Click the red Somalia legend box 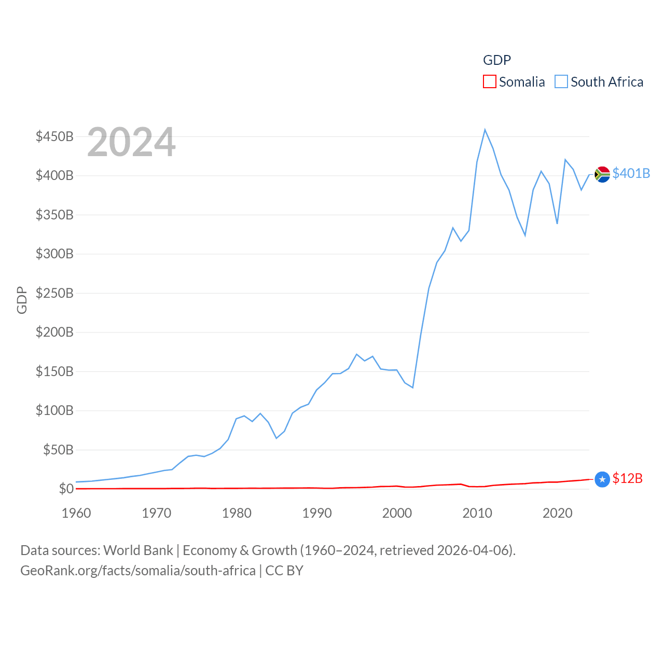(489, 82)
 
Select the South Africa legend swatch (561, 82)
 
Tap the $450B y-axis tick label (54, 137)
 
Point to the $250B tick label (54, 294)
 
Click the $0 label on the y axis (66, 489)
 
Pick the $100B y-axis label (54, 411)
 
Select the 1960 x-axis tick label (76, 514)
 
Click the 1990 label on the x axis (317, 514)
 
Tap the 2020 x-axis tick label (557, 514)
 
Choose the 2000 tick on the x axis (397, 514)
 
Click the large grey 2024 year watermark (131, 142)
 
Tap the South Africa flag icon (602, 174)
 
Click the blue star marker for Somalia (602, 480)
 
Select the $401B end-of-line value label (631, 173)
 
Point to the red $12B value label (627, 478)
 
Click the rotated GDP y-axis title (22, 300)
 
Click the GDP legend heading (497, 60)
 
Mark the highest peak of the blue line (485, 130)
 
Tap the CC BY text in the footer (284, 571)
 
